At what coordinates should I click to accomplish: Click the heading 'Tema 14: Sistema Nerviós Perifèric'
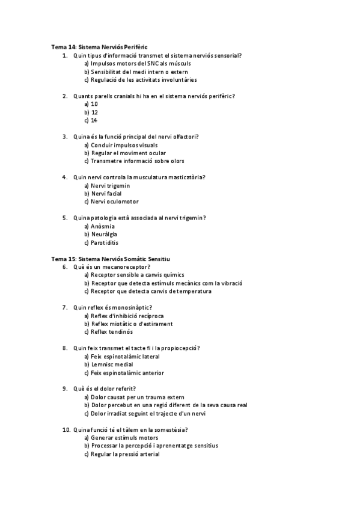[99, 47]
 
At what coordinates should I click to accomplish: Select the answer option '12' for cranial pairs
[94, 112]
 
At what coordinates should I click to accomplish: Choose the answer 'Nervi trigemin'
[110, 186]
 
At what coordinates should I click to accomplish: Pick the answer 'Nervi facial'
[106, 194]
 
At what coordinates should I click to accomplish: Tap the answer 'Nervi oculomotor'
[114, 202]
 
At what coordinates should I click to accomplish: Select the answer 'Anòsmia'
[103, 226]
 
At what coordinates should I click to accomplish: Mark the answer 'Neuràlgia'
[104, 235]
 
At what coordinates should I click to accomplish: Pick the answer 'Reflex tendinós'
[112, 332]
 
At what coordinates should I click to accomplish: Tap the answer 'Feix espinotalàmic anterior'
[127, 373]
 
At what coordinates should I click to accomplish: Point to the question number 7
[65, 307]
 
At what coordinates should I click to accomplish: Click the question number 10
[66, 430]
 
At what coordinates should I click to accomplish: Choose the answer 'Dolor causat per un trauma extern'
[138, 397]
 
